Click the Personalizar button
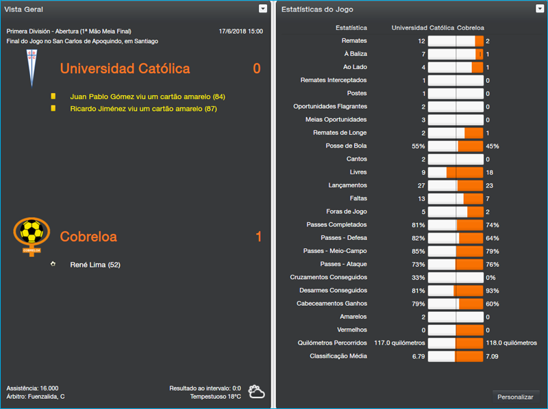pos(515,397)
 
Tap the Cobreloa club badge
pos(32,235)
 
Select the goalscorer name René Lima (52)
pos(95,265)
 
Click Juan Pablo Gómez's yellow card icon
pos(53,96)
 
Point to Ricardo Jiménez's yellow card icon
pos(53,108)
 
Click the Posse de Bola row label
pos(346,146)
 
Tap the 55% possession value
pos(418,146)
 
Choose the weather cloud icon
pos(257,391)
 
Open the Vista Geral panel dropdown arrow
pos(263,9)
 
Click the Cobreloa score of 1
pos(258,237)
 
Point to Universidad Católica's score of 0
pos(257,68)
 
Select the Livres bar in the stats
pos(456,172)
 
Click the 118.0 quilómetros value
pos(511,343)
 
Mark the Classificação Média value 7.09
pos(492,356)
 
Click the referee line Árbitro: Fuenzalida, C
pos(36,396)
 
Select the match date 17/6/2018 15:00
pos(240,31)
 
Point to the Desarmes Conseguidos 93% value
pos(492,290)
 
